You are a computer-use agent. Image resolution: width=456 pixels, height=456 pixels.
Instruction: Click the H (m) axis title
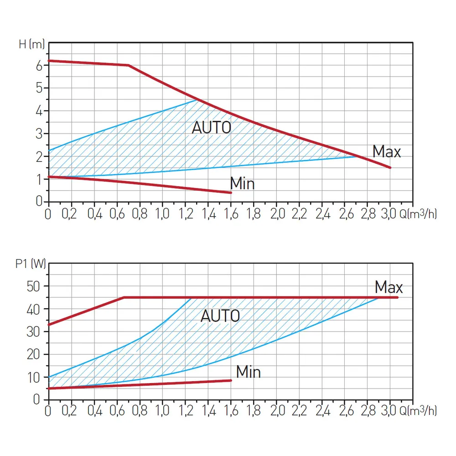coord(31,44)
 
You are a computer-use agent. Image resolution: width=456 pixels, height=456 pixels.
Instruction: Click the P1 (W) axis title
coord(30,264)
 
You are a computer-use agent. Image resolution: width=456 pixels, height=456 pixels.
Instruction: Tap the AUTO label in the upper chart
coord(211,128)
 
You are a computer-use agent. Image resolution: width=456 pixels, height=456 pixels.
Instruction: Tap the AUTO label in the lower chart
coord(220,316)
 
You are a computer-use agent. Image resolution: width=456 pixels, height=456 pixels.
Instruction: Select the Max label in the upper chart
coord(386,151)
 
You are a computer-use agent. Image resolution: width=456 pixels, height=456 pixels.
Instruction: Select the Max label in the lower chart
coord(389,288)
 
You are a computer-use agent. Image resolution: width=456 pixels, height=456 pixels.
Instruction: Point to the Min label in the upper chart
coord(242,183)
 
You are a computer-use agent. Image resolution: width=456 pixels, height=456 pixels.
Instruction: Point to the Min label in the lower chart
coord(248,372)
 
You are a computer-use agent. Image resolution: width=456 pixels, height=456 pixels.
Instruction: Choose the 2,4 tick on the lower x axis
coord(322,411)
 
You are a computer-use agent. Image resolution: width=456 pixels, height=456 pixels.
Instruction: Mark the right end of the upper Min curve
coord(231,192)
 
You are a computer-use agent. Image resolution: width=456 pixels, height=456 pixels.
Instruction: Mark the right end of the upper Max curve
coord(390,168)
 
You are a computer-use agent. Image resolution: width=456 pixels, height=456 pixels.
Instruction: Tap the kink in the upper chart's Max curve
coord(128,65)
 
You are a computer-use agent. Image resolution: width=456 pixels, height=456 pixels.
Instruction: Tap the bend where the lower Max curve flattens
coord(124,297)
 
